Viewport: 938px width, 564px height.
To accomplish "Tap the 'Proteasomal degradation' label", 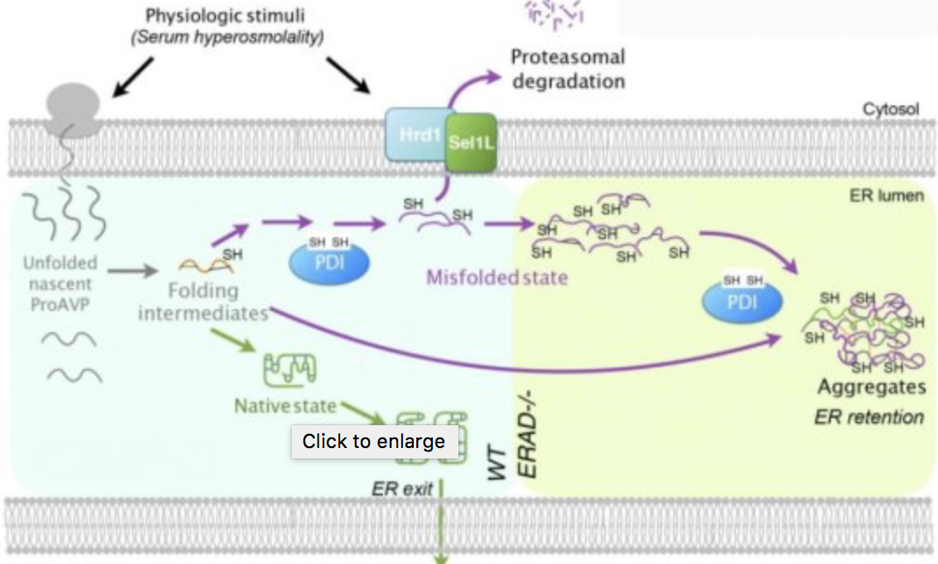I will coord(568,69).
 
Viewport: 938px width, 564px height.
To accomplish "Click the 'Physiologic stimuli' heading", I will coord(230,16).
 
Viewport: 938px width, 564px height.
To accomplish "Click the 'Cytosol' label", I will coord(890,110).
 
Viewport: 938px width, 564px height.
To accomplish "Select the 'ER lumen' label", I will coord(887,195).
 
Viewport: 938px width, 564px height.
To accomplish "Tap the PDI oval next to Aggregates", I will coord(742,300).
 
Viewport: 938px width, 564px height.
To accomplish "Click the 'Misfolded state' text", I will coord(497,278).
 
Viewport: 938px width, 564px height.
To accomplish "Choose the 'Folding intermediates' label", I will coord(202,300).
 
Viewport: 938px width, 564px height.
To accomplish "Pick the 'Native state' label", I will coord(285,406).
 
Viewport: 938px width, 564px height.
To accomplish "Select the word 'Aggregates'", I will coord(871,387).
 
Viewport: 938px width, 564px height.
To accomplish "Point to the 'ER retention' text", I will coord(869,416).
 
